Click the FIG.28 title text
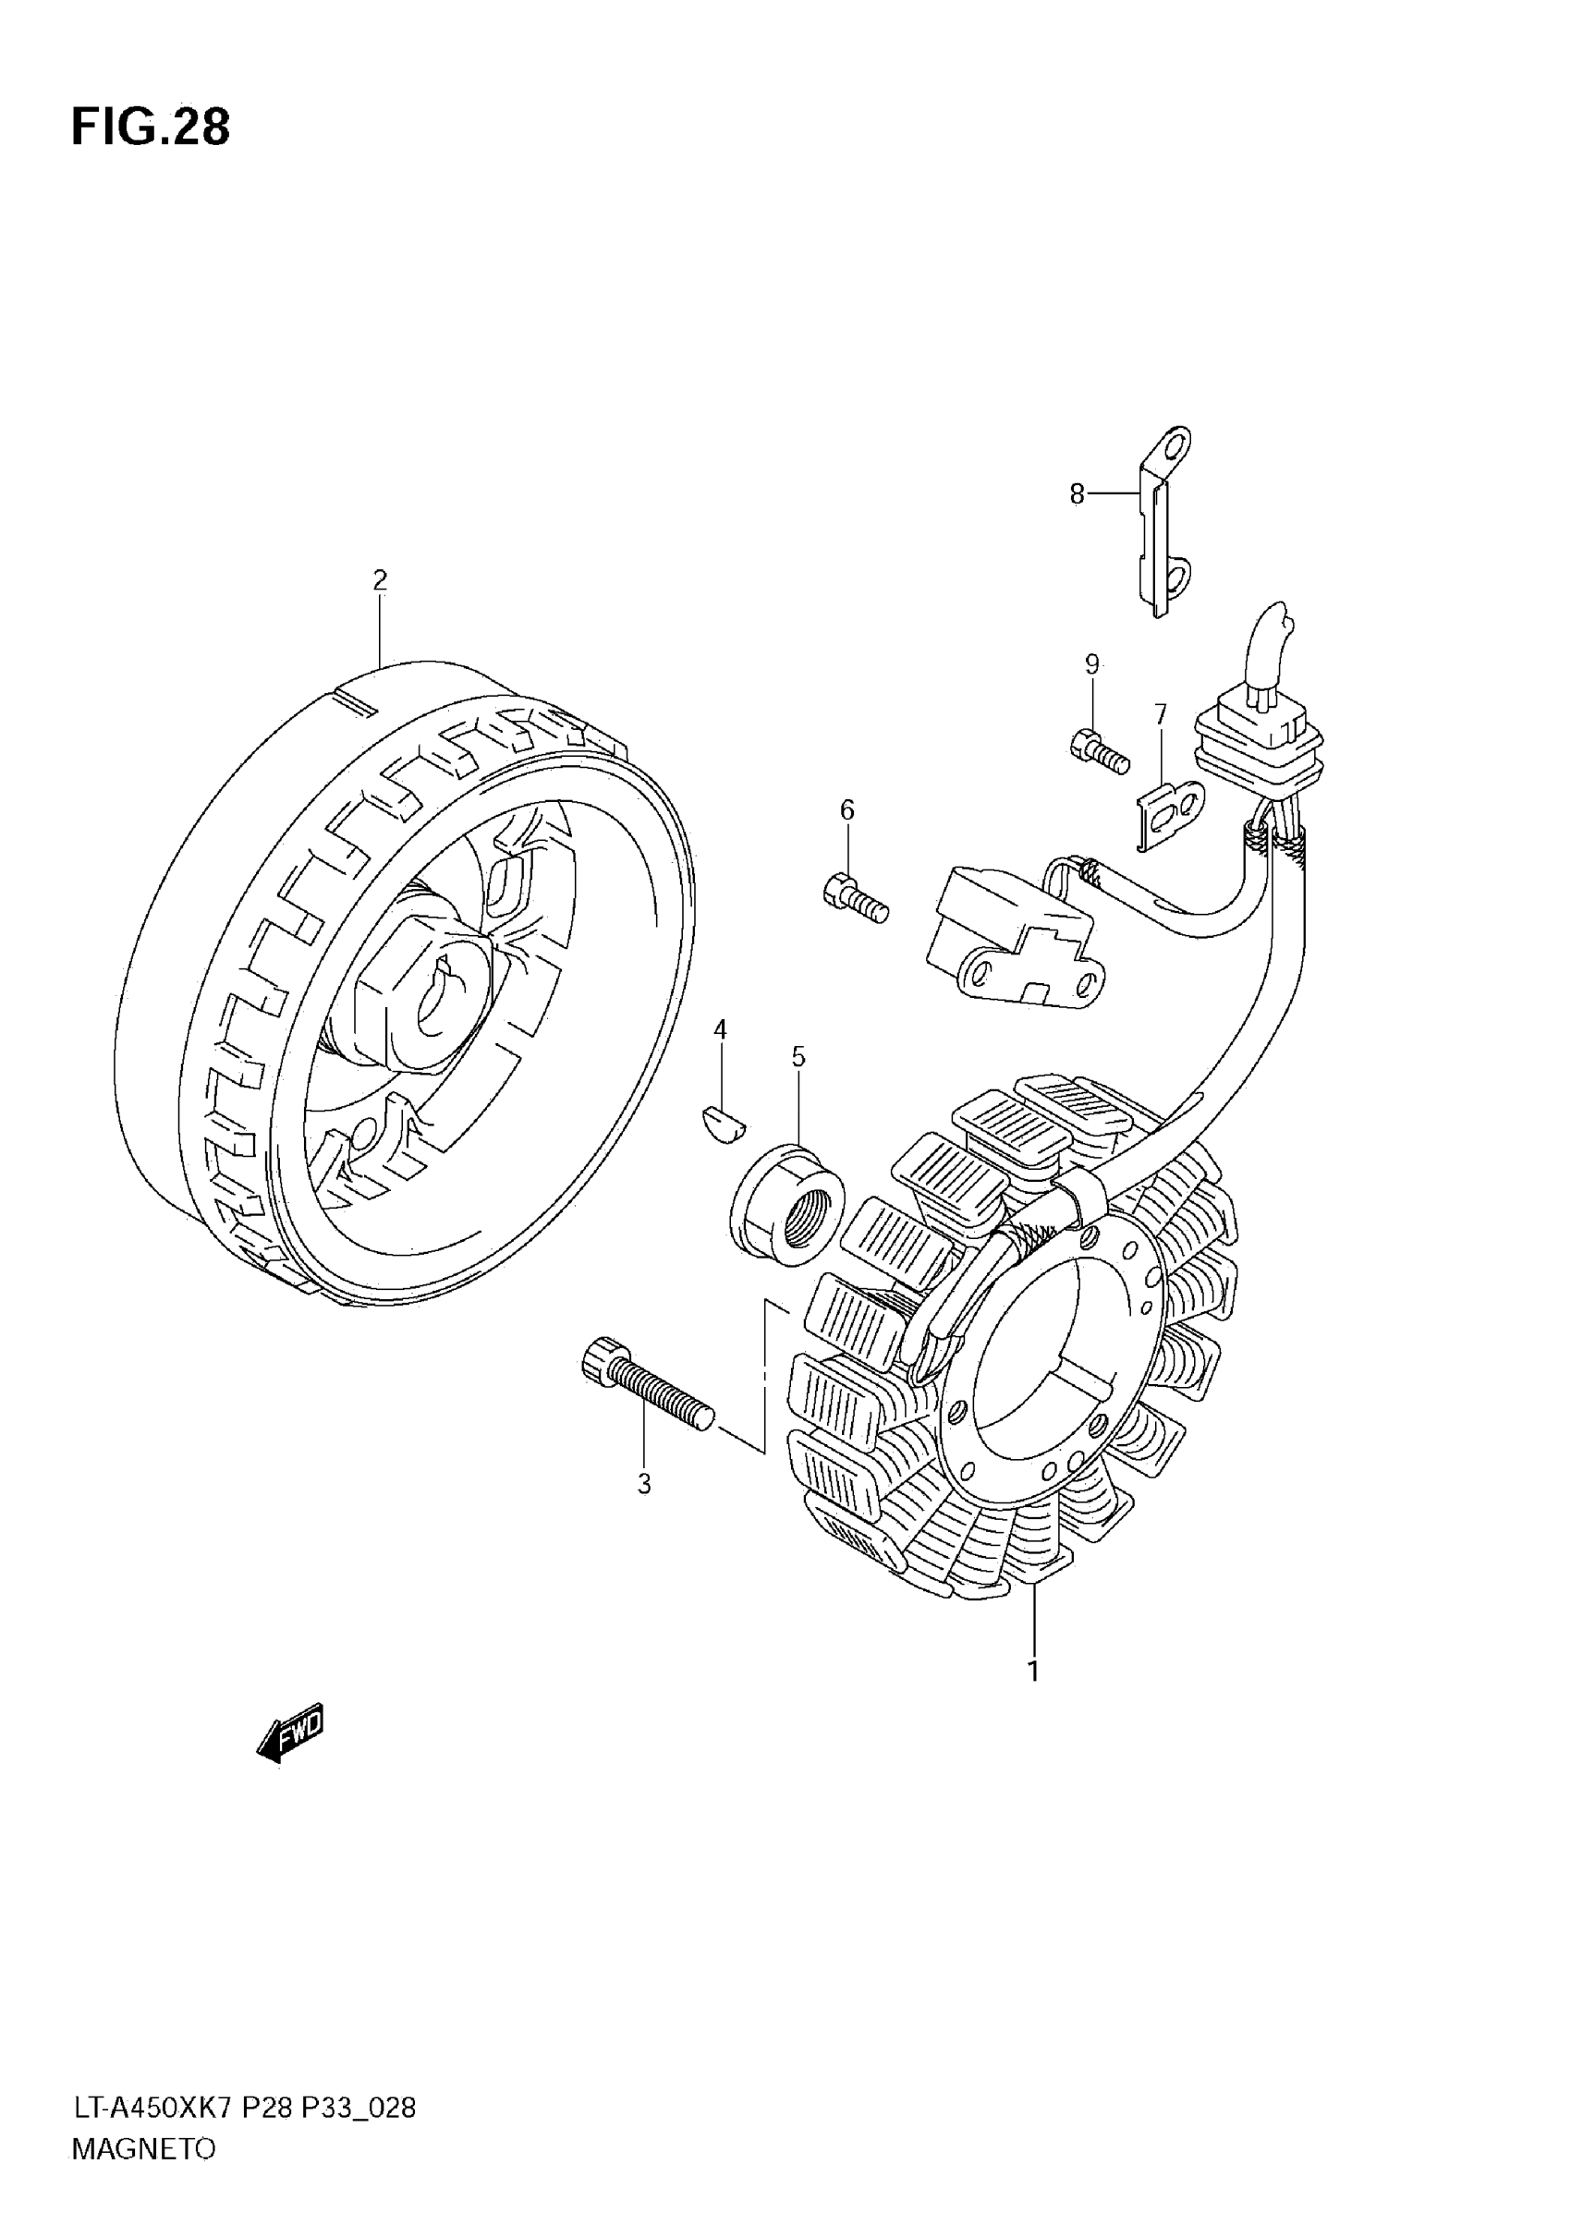pos(151,127)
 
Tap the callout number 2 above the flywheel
pos(380,580)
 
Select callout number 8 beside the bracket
pos(1077,494)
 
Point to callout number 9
pos(1092,664)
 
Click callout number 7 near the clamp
pos(1160,714)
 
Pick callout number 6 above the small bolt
pos(847,810)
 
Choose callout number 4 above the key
pos(720,1029)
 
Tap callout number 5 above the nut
pos(798,1056)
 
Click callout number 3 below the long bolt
pos(644,1485)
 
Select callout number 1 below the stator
pos(1033,1671)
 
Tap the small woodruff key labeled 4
pos(722,1125)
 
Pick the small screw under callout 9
pos(1100,751)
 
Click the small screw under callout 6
pos(855,896)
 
